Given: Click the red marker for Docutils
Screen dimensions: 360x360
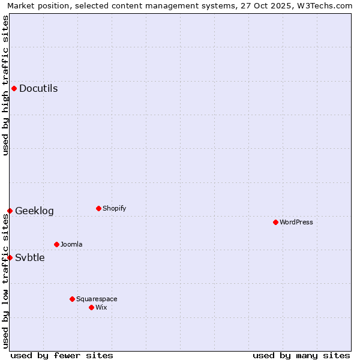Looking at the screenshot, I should pos(14,89).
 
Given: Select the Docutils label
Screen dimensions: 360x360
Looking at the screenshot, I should pos(38,89).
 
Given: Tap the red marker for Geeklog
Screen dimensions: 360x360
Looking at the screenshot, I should pos(10,211).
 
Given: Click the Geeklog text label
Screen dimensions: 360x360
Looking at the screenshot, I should pos(34,211).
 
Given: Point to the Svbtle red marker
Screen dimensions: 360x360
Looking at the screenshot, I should pos(10,257).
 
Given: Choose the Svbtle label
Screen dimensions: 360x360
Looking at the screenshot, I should pos(29,258).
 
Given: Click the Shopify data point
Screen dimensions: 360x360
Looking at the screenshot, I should pos(98,208).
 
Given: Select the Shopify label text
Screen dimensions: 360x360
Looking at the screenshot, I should pos(114,208).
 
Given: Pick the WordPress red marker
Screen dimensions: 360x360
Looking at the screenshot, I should pos(275,222).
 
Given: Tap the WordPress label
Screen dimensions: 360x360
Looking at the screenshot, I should pos(296,222).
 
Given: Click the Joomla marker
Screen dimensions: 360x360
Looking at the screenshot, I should pos(56,244).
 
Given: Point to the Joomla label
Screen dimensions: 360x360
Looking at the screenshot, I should pos(71,244).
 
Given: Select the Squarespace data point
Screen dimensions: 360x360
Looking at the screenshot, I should pos(72,299).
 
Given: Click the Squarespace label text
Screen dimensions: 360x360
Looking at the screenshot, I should pos(97,299).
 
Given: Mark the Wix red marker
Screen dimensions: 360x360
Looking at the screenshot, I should pos(91,307).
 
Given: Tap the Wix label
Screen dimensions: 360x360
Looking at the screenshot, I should pos(101,307).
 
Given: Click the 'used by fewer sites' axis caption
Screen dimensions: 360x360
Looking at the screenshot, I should pos(62,355).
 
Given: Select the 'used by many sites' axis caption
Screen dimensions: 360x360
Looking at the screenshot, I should pos(301,355).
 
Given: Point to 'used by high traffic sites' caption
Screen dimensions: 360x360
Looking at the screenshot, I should pos(5,85).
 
